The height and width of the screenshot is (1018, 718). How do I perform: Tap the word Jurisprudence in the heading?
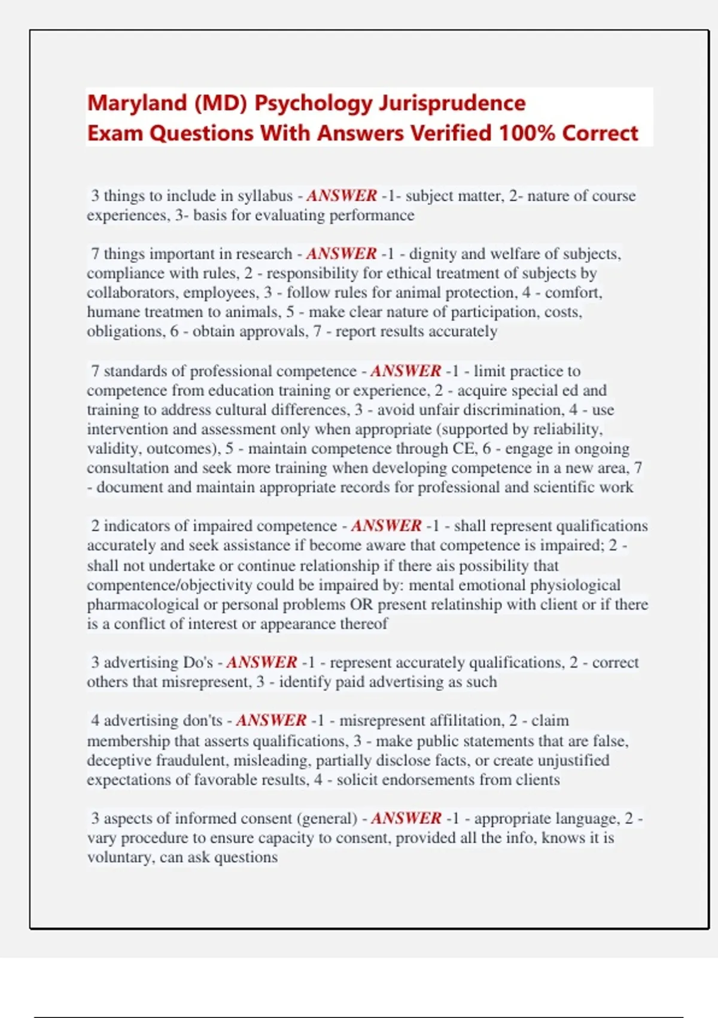452,103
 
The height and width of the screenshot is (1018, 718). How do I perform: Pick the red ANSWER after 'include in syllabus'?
342,196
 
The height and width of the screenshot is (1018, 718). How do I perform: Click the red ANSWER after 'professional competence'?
406,371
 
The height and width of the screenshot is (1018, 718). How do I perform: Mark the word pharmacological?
142,604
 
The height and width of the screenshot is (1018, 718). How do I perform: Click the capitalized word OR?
361,604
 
